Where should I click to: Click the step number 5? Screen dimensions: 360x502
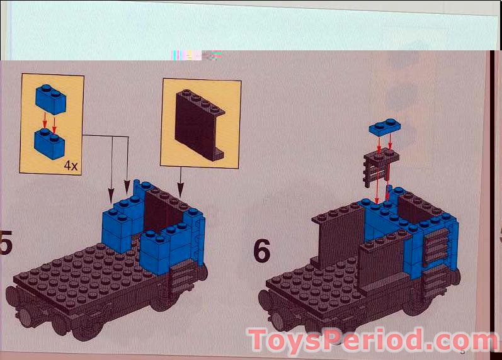(6, 245)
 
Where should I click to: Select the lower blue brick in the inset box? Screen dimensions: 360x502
(50, 143)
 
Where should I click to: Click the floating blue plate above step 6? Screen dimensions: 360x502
(386, 128)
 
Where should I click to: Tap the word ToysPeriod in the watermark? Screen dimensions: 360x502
(334, 340)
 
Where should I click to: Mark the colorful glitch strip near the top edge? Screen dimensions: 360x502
(196, 55)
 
